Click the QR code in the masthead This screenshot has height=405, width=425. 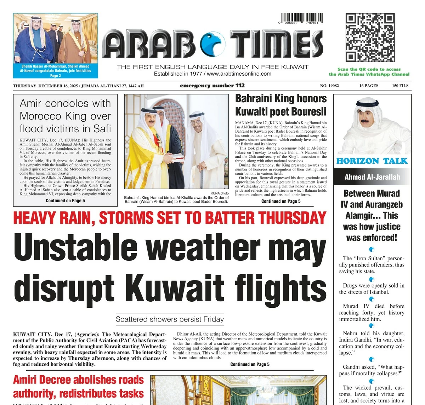[370, 37]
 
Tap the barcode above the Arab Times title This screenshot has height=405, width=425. [302, 18]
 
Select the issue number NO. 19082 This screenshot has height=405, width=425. [329, 86]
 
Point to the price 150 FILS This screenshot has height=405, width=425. [400, 86]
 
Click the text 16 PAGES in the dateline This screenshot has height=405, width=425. [369, 86]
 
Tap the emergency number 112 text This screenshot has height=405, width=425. [212, 86]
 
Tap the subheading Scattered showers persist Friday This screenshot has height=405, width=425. [170, 319]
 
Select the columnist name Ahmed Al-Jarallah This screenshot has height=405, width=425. [372, 177]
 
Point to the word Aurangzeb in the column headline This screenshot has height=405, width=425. [383, 204]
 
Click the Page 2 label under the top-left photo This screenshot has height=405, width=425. [56, 76]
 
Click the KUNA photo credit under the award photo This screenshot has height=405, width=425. [220, 193]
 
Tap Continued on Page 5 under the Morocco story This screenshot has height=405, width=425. [65, 201]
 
